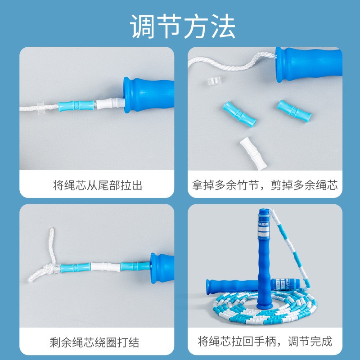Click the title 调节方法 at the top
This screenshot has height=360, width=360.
(183, 26)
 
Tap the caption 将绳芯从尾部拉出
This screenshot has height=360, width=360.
(98, 185)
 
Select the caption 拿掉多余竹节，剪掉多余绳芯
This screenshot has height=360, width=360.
(265, 185)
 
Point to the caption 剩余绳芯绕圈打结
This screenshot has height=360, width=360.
(94, 342)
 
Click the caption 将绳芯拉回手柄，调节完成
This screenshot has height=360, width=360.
(265, 342)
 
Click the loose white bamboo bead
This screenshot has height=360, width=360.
(253, 153)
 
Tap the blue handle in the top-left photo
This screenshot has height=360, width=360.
(148, 95)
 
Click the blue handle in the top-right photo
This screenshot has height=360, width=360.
(309, 64)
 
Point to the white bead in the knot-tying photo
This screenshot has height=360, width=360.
(106, 267)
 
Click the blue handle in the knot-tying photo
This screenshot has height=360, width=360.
(162, 268)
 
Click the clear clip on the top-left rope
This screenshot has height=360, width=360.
(40, 108)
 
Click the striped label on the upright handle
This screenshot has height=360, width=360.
(264, 227)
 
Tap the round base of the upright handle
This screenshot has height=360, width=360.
(264, 306)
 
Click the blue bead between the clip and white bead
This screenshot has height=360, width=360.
(76, 106)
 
